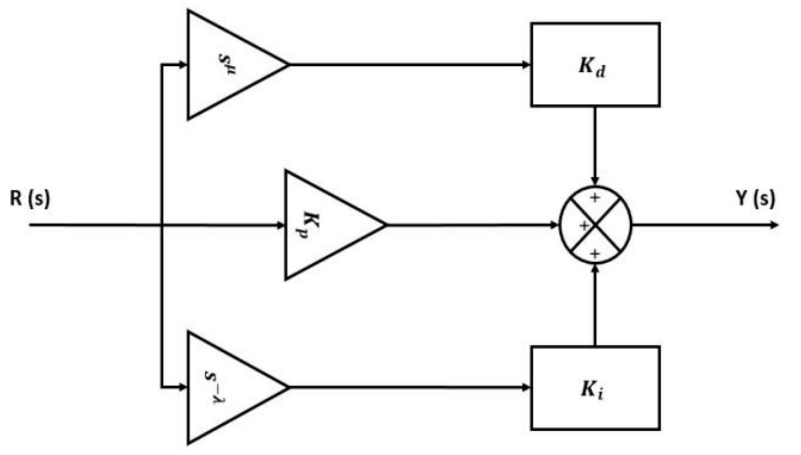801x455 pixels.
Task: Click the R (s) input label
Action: click(x=30, y=198)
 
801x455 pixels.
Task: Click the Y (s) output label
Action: click(x=755, y=198)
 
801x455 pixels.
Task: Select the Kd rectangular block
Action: click(x=595, y=65)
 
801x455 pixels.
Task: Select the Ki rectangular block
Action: click(x=595, y=388)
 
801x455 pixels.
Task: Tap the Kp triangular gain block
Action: click(x=324, y=225)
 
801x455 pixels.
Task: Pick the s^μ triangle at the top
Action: click(x=226, y=65)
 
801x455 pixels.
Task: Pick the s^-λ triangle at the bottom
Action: click(x=226, y=387)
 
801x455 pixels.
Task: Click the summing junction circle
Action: click(x=595, y=225)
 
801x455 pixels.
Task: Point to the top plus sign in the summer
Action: click(x=595, y=197)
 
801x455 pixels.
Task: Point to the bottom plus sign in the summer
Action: click(x=595, y=253)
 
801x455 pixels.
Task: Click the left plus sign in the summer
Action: click(x=584, y=225)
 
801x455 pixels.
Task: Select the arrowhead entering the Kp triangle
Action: click(x=280, y=225)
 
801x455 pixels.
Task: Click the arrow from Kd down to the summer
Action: click(x=595, y=144)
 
